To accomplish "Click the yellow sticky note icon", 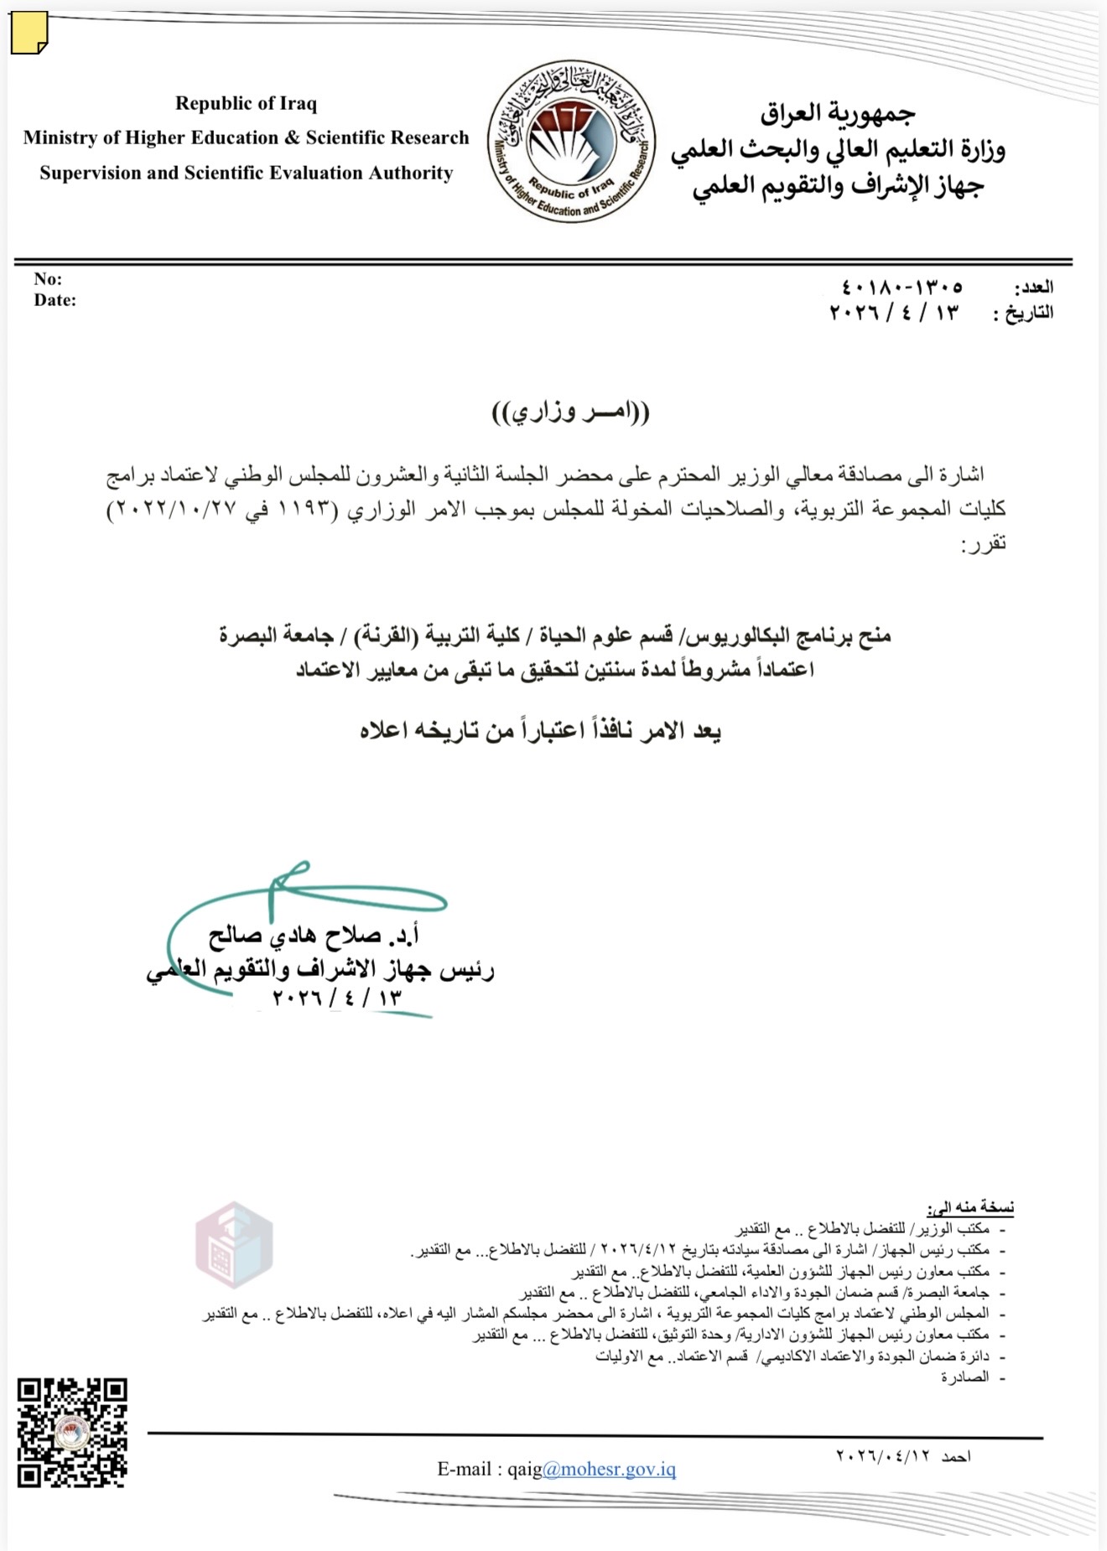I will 29,34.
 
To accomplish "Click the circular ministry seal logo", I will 571,141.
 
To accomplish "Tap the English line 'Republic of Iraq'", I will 246,103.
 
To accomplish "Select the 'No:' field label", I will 48,279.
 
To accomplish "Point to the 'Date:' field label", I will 55,300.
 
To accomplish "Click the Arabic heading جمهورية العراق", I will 838,112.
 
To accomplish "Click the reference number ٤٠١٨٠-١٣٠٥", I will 902,288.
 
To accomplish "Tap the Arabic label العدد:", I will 1033,288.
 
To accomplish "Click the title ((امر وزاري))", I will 570,412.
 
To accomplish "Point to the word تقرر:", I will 983,544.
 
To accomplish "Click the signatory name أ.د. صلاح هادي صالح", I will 314,935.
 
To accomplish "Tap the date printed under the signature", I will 337,998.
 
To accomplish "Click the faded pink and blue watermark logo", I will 234,1244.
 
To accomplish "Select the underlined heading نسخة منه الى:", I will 970,1207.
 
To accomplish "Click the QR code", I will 72,1433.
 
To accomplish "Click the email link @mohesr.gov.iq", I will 610,1469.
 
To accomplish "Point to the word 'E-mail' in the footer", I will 464,1469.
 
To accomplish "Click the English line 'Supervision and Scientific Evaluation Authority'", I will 246,173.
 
